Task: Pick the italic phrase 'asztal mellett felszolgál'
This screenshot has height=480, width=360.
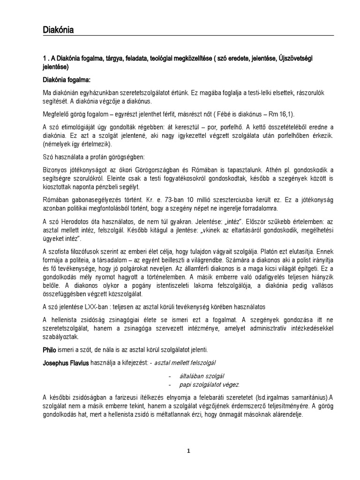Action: click(x=182, y=363)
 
